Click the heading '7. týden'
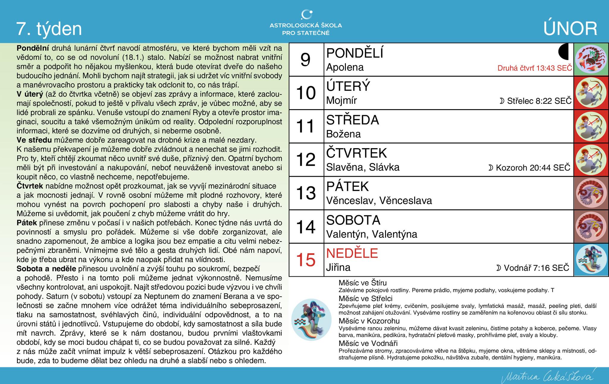coord(49,29)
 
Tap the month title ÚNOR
coord(570,29)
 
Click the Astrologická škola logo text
coord(306,29)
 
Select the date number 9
coord(306,60)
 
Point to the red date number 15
coord(306,260)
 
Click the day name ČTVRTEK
coord(356,153)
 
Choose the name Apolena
coord(345,68)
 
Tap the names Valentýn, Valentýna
coord(372,234)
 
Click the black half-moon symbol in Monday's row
coord(564,52)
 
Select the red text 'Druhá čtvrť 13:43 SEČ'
coord(535,68)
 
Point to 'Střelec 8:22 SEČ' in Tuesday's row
coord(535,101)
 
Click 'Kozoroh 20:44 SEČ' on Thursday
coord(529,167)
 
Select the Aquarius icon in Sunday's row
coord(591,260)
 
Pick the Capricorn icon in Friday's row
coord(591,193)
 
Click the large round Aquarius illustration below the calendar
coord(311,319)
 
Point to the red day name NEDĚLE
coord(352,253)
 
